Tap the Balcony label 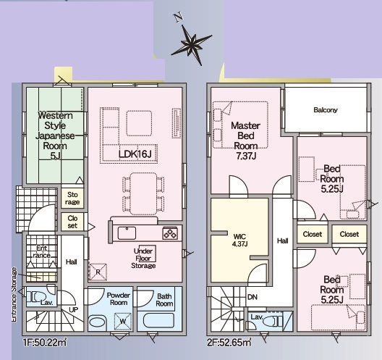point(326,110)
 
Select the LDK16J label point(135,154)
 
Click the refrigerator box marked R point(98,272)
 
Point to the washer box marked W point(123,322)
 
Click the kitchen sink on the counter point(127,233)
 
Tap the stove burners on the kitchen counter point(170,233)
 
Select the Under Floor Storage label point(143,259)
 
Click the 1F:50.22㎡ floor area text point(45,343)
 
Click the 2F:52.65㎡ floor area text point(229,343)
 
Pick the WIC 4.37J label point(240,240)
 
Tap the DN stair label point(252,297)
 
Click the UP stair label point(73,310)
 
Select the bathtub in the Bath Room point(158,320)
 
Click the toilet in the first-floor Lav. point(37,297)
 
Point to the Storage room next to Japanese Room point(72,198)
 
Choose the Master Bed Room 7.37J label point(245,141)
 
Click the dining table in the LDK point(143,193)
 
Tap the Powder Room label point(119,298)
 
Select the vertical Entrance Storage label point(14,295)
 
